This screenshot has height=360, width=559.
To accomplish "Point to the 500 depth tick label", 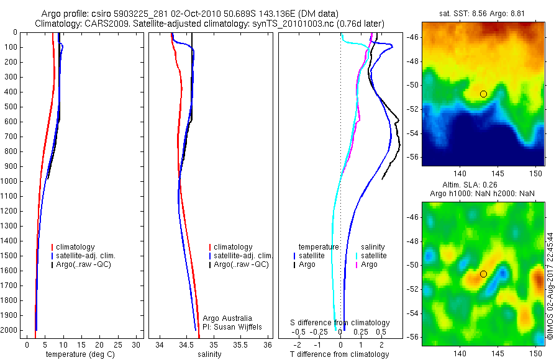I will (x=11, y=107).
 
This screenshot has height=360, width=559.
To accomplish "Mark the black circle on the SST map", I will (x=483, y=94).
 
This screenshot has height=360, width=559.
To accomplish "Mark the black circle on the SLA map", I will (x=483, y=274).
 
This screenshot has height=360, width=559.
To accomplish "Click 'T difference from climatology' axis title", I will (x=339, y=354).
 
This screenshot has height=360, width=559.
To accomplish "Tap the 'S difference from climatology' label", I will (x=340, y=323).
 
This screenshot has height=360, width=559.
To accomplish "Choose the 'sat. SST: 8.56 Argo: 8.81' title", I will (x=484, y=13).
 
